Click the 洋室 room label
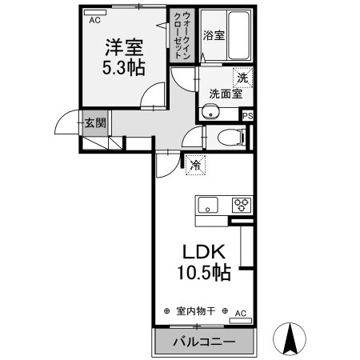pyautogui.click(x=122, y=46)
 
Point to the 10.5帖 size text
pyautogui.click(x=204, y=274)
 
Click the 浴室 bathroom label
pyautogui.click(x=213, y=35)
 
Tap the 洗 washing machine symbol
pyautogui.click(x=241, y=78)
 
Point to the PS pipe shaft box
pyautogui.click(x=248, y=116)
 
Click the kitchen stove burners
pyautogui.click(x=241, y=204)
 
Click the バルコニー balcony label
pyautogui.click(x=205, y=342)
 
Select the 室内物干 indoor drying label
pyautogui.click(x=195, y=311)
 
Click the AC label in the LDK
pyautogui.click(x=240, y=314)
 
